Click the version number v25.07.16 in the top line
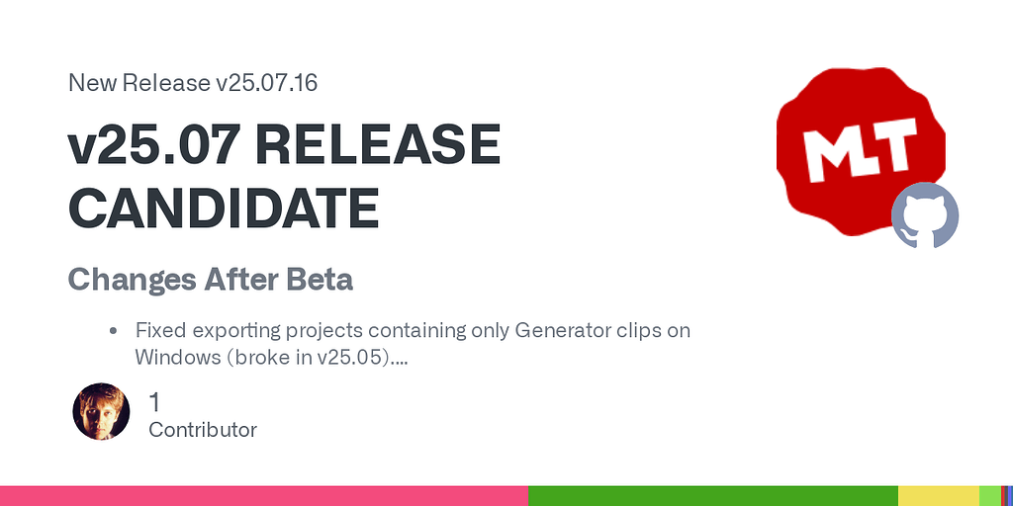[265, 83]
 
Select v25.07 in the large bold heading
[152, 147]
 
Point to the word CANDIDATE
[224, 208]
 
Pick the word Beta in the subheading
[319, 280]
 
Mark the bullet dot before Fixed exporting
[114, 331]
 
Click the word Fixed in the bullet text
[159, 330]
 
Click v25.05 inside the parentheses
[351, 357]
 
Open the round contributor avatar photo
[101, 411]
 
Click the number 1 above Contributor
[154, 402]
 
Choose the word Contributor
[202, 430]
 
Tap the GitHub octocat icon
[925, 215]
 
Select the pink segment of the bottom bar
[263, 496]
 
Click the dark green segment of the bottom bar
[712, 496]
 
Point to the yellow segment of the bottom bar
[938, 496]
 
